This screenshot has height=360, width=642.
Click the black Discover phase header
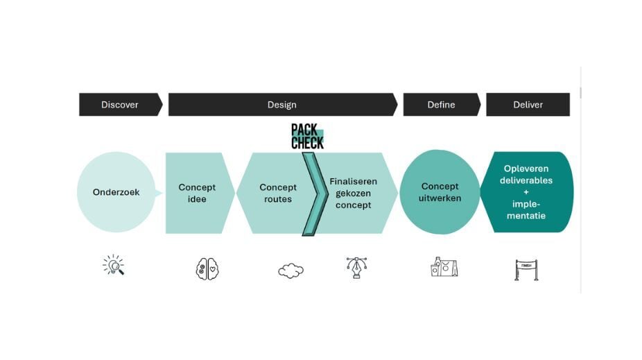(120, 105)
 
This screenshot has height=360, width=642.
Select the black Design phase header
(281, 105)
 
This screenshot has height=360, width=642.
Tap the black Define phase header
(441, 105)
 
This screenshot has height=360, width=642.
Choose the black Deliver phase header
(528, 105)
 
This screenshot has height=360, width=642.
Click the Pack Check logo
(307, 137)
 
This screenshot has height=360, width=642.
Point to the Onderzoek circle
(116, 192)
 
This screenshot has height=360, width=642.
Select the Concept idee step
(197, 193)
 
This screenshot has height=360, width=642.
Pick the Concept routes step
(277, 193)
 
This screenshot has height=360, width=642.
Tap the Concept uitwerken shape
(440, 192)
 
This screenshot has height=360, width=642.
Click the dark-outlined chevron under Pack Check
(314, 194)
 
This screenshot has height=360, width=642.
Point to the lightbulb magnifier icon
(114, 266)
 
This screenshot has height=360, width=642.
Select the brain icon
(207, 268)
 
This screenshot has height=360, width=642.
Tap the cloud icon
(290, 270)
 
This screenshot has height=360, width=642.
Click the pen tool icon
(356, 268)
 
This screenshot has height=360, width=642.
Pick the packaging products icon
(444, 267)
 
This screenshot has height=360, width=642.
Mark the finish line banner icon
(526, 269)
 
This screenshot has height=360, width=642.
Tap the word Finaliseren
(353, 181)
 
